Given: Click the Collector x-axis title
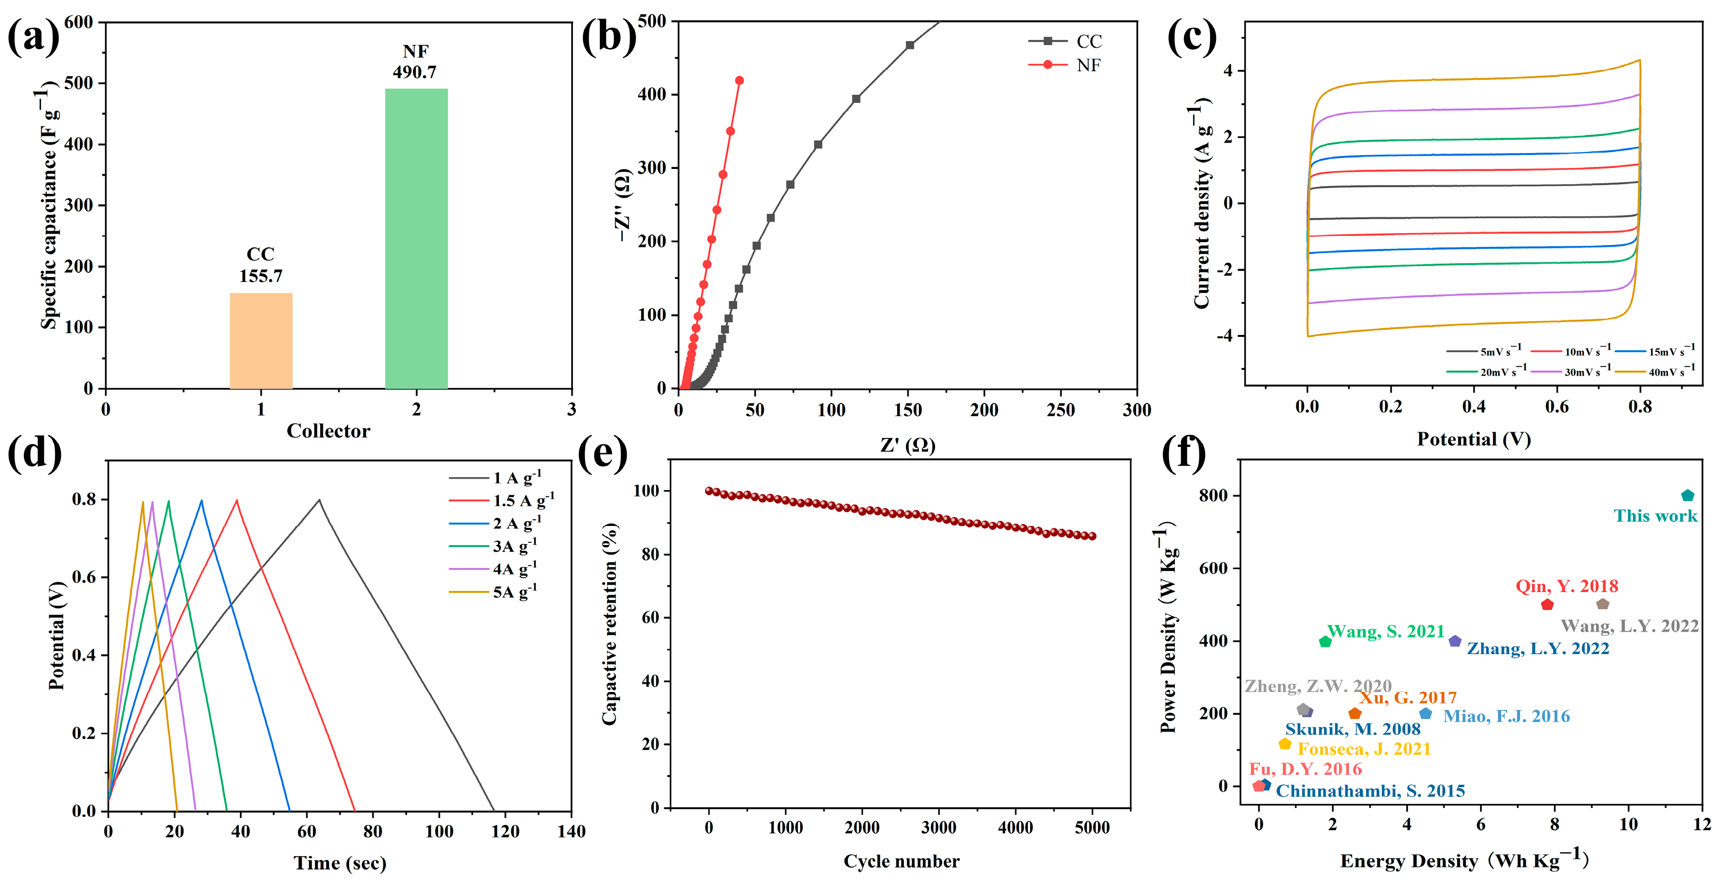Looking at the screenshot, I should [328, 431].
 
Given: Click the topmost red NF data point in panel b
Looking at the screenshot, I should [739, 81].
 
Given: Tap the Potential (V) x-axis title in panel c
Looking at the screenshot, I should [1473, 439].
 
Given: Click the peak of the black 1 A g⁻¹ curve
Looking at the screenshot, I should [319, 500].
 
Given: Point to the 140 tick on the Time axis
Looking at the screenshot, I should [571, 831].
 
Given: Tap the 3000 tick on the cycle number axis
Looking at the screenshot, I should [939, 828].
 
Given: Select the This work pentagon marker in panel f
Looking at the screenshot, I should [1687, 495].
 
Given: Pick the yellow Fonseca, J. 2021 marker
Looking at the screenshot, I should [1284, 744].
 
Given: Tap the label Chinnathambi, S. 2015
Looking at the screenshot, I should [1370, 791].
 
